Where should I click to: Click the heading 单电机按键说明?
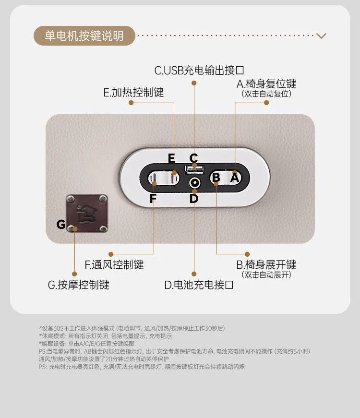point(84,36)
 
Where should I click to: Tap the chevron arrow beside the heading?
point(321,36)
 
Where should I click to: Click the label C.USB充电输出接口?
point(199,71)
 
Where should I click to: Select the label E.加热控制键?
point(133,93)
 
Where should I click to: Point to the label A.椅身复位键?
point(266,84)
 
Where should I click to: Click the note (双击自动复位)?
point(266,94)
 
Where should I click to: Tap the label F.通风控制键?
point(114,265)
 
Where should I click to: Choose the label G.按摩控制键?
point(78,285)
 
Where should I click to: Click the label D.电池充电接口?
point(199,285)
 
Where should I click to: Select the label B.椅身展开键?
point(266,265)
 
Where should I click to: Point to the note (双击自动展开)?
point(266,275)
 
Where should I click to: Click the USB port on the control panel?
point(194,169)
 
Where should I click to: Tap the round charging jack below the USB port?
point(194,183)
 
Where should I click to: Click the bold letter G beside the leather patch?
point(61,224)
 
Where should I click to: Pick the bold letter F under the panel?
point(153,198)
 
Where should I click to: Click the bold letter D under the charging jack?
point(194,198)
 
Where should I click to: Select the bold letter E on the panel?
point(171,158)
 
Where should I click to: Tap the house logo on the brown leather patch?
point(87,214)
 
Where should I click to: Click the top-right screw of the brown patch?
point(103,199)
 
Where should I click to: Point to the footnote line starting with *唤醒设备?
point(87,344)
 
